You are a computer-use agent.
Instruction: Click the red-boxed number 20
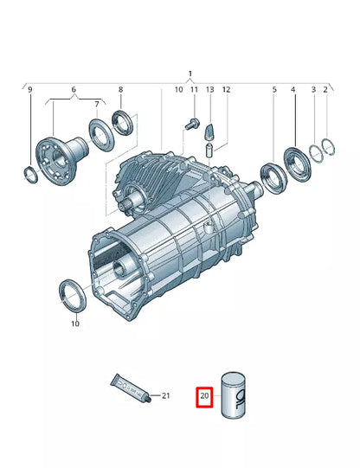(205, 398)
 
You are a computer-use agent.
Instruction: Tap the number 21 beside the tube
(167, 396)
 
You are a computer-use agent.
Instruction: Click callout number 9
(29, 90)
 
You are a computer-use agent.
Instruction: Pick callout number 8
(120, 90)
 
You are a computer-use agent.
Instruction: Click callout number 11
(194, 90)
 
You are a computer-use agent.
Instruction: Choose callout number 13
(209, 90)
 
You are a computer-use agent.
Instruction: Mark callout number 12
(226, 90)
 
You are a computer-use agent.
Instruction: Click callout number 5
(274, 90)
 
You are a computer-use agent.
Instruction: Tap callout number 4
(293, 90)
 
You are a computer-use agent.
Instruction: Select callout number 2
(325, 90)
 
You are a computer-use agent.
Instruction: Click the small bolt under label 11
(192, 125)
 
